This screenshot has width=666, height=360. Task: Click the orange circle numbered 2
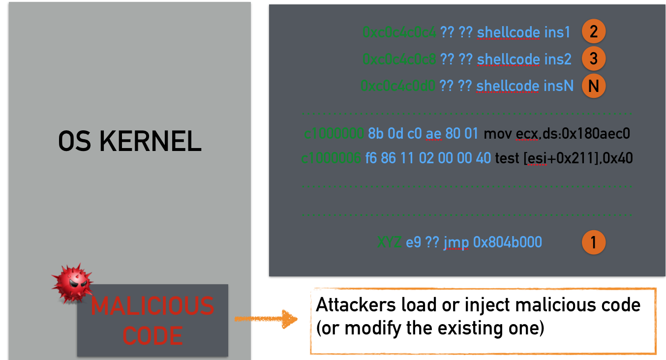click(x=594, y=32)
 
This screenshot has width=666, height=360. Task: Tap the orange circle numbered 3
click(x=594, y=59)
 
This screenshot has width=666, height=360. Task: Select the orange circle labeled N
click(x=594, y=86)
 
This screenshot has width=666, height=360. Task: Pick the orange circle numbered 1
click(x=594, y=242)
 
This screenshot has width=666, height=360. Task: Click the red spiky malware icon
click(x=73, y=282)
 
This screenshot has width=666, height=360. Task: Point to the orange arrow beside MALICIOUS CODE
click(x=266, y=319)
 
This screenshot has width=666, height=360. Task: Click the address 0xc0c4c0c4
click(x=399, y=32)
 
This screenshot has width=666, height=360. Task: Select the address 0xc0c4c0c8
click(x=399, y=59)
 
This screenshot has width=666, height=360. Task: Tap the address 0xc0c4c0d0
click(x=398, y=86)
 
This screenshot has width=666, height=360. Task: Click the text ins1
click(x=557, y=32)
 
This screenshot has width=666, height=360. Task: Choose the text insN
click(x=558, y=86)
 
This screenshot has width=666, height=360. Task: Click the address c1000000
click(x=333, y=133)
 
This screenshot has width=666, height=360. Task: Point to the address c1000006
click(x=331, y=158)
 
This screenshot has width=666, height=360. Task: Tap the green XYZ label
click(x=390, y=242)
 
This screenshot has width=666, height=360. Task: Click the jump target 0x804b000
click(x=507, y=242)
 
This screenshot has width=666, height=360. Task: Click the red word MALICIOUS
click(x=152, y=306)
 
